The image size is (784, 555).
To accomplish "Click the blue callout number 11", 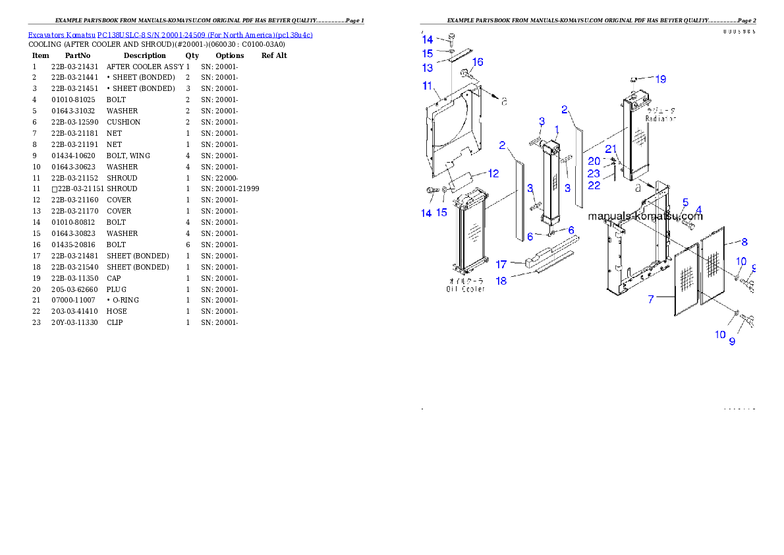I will [x=427, y=86].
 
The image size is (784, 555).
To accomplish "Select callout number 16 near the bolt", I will [x=478, y=62].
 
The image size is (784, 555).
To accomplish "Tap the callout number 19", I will [x=660, y=79].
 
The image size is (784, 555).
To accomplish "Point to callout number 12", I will [x=493, y=173].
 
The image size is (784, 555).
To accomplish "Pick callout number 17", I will [x=501, y=264].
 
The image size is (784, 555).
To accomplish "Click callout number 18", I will [x=501, y=280].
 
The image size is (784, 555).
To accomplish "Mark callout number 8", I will [x=744, y=242].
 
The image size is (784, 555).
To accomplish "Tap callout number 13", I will [x=428, y=68].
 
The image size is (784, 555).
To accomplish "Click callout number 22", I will [x=594, y=186].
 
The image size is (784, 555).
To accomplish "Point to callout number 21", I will [x=610, y=149].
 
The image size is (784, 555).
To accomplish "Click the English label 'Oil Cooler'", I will [x=466, y=289].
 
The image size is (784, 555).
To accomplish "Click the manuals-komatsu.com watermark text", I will [x=636, y=216].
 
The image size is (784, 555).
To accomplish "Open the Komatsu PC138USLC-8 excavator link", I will [x=170, y=34].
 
